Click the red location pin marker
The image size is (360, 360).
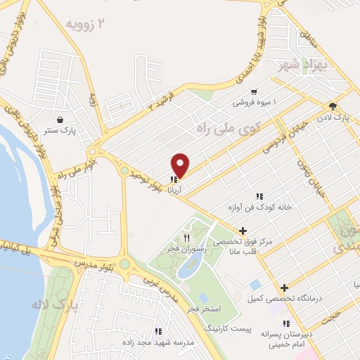[x=181, y=165]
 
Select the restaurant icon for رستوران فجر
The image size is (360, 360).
[x=186, y=236]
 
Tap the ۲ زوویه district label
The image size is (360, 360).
[x=89, y=25]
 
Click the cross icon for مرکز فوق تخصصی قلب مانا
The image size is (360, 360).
[x=243, y=230]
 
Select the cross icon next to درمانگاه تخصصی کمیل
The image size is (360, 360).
[x=284, y=288]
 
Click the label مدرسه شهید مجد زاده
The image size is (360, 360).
[x=158, y=341]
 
